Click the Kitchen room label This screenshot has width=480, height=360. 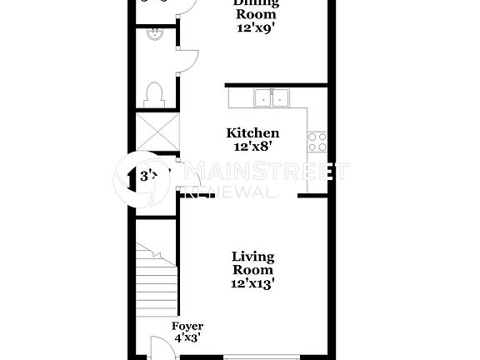click(253, 133)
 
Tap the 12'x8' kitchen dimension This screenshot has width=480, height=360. click(253, 147)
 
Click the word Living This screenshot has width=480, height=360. click(253, 257)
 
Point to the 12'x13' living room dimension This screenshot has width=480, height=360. click(253, 283)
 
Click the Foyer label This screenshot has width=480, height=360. click(187, 326)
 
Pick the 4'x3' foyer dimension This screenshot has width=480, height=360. click(187, 337)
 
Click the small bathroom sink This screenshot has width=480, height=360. click(153, 34)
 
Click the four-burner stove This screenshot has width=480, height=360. click(317, 142)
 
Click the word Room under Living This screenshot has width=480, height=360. click(253, 270)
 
